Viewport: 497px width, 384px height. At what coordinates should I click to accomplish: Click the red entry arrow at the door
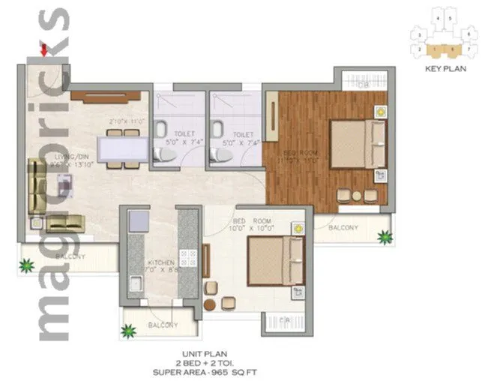(43, 50)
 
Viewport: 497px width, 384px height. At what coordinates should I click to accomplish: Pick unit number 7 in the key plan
(468, 48)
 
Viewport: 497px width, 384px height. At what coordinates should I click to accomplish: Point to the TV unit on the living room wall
(105, 96)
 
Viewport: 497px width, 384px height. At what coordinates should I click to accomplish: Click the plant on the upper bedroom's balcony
(385, 237)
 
